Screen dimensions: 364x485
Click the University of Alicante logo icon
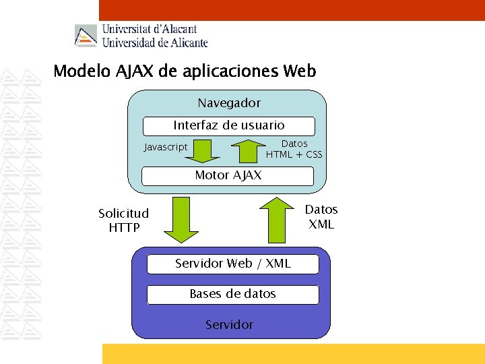pos(86,36)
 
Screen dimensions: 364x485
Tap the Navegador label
pos(229,103)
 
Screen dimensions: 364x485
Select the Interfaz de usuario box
pos(229,125)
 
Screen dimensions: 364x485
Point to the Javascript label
pos(166,147)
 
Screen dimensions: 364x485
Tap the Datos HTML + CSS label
pos(294,149)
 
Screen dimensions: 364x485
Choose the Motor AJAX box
pos(228,176)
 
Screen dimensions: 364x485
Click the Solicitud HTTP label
pos(124,220)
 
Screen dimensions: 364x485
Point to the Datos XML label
pos(321,217)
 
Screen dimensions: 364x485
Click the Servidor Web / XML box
pos(233,264)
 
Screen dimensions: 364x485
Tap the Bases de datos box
pos(233,294)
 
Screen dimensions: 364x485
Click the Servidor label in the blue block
pos(229,325)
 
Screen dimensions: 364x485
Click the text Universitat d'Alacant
pos(149,29)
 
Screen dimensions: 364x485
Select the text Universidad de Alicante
pos(154,42)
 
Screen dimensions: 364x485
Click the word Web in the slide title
pos(300,71)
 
